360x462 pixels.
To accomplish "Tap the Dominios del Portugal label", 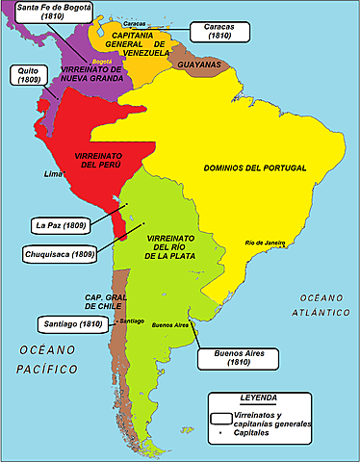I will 255,167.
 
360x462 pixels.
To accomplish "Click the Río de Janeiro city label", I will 266,243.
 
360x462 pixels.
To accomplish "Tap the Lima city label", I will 56,175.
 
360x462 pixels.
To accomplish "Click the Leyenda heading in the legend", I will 259,398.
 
